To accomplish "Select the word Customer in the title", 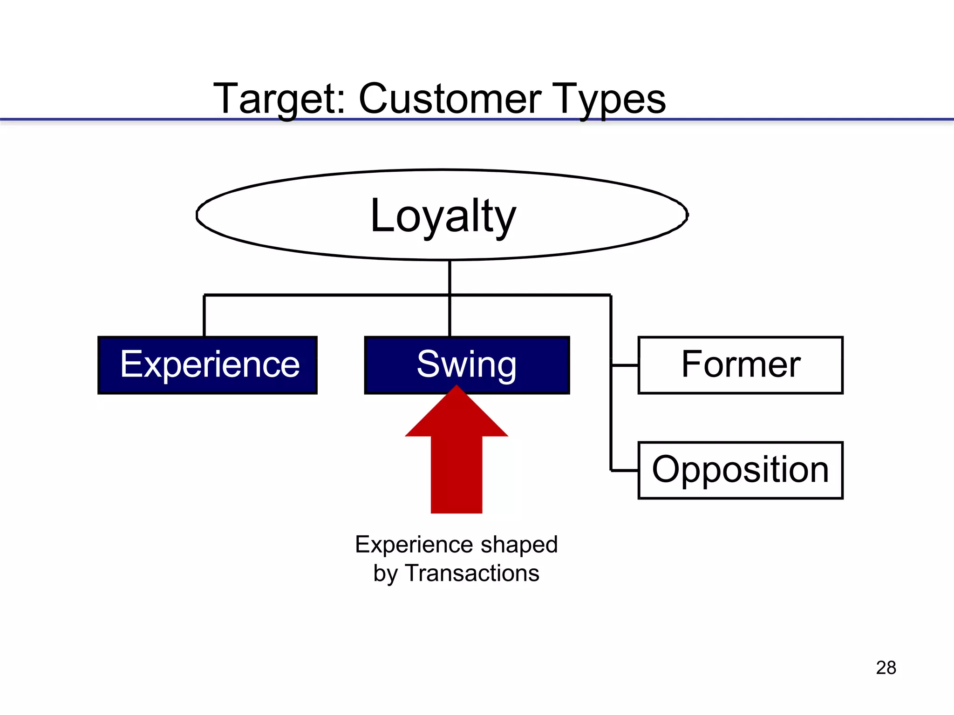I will pos(450,99).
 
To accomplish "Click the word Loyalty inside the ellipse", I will pos(443,216).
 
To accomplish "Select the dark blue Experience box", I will pos(208,365).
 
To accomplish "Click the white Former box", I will pos(740,365).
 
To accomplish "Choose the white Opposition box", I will pos(740,470).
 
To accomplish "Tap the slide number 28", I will pos(886,668).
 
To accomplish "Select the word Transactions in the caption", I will pos(472,573).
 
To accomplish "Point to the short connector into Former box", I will pos(625,365).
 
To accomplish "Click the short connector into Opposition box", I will pos(625,471).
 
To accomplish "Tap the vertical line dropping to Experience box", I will pos(204,316).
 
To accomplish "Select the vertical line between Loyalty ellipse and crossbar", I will pos(450,277).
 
